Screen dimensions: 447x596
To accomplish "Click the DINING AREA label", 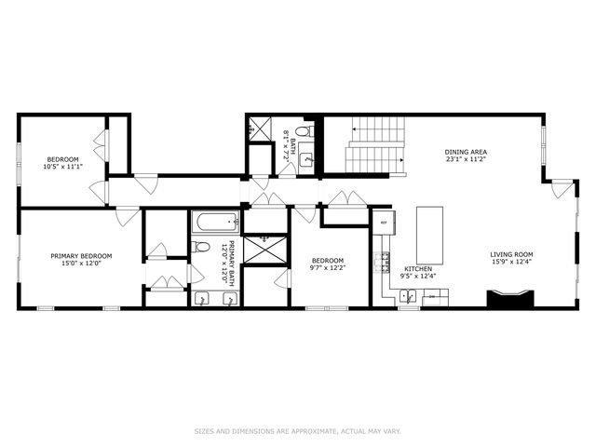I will click(466, 153).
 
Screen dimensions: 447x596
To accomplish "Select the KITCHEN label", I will click(417, 268).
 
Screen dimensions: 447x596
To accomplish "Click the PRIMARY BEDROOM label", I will click(81, 256).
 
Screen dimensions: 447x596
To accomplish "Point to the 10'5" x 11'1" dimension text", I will click(62, 167).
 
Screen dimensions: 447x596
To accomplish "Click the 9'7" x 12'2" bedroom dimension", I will click(328, 268).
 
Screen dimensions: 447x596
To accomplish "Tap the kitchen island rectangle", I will click(429, 235).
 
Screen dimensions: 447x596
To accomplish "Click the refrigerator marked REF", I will click(384, 223).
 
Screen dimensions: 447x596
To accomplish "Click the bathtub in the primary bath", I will click(215, 223).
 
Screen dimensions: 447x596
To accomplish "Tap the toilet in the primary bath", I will click(200, 247).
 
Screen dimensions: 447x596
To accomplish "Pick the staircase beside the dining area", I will click(376, 145).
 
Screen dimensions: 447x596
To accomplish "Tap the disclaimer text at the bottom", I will click(297, 431).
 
